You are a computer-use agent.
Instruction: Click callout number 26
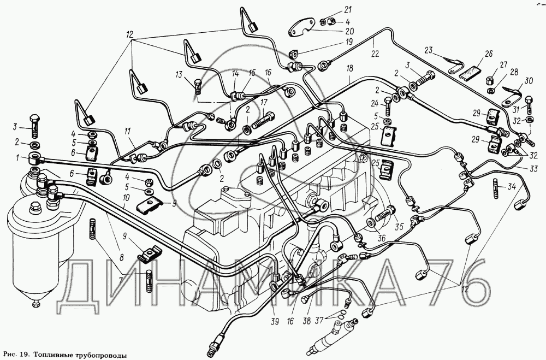489,55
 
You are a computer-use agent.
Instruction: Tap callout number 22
375,54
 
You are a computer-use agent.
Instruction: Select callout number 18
349,68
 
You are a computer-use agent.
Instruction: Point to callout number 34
511,187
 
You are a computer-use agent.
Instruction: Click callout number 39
275,322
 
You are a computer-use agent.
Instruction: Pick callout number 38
306,322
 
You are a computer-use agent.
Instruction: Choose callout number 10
126,198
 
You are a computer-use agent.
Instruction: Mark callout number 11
127,131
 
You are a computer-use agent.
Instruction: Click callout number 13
179,74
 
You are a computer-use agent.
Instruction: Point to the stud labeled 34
496,188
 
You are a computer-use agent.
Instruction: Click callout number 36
382,238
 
